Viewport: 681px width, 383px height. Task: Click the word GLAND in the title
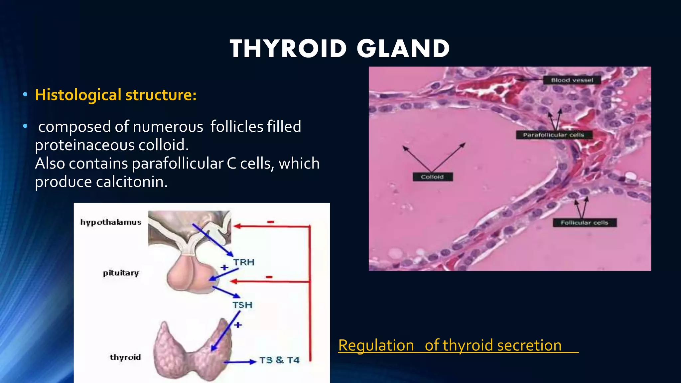(x=403, y=49)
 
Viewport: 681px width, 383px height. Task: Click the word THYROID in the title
(x=288, y=49)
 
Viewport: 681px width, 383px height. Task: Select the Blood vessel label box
(x=572, y=80)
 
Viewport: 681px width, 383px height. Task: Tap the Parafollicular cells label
(x=554, y=135)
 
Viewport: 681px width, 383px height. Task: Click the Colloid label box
(x=432, y=177)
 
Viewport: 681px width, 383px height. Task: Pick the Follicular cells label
(x=584, y=223)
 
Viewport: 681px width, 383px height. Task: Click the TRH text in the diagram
(x=244, y=262)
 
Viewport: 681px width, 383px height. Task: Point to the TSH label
(x=242, y=305)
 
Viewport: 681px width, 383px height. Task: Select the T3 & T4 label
(x=279, y=360)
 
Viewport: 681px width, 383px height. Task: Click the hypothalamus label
(x=111, y=222)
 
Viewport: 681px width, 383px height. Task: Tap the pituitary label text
(x=121, y=273)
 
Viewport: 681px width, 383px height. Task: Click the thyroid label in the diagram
(x=125, y=357)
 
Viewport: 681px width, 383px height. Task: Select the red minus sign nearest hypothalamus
(x=271, y=222)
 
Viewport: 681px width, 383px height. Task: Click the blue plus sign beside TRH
(x=225, y=267)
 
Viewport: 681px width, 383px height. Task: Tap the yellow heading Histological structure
(x=116, y=95)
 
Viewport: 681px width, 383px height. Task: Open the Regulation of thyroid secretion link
(x=450, y=345)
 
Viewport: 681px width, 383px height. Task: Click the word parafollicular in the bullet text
(x=178, y=164)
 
